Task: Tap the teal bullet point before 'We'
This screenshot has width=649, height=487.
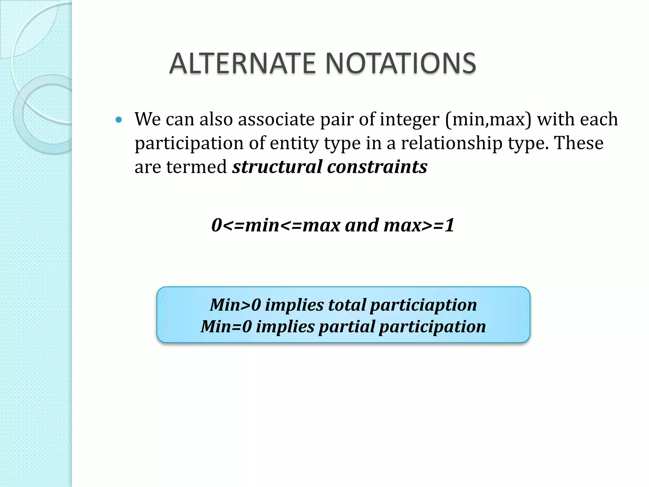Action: (119, 120)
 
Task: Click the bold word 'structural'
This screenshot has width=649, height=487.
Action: (277, 167)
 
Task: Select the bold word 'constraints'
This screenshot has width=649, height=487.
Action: (377, 167)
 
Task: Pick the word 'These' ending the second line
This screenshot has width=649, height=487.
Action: (578, 143)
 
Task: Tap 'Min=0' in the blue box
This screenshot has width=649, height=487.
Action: (226, 327)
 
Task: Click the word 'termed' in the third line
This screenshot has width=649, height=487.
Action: (196, 167)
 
